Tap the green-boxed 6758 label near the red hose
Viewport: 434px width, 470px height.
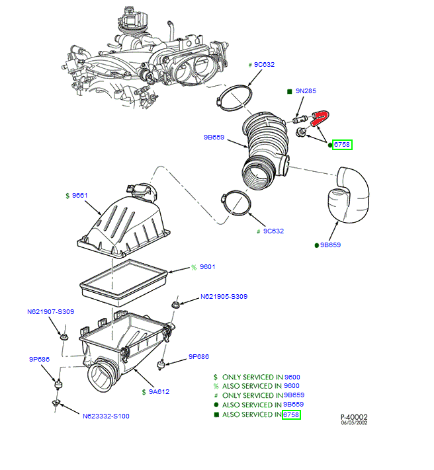pos(342,144)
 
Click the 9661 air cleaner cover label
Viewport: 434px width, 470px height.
pos(80,196)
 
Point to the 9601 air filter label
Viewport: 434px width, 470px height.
pos(208,267)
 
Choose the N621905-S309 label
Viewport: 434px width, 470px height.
pos(224,297)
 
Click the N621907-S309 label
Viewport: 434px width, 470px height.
pos(50,311)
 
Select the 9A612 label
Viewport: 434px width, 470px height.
pos(159,391)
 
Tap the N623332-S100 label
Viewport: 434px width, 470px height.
pos(106,416)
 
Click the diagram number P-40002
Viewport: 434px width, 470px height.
pos(354,417)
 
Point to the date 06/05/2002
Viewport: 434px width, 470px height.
pos(355,424)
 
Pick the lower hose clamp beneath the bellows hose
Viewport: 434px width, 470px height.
pos(236,203)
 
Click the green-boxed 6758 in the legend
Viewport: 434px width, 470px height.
pos(291,414)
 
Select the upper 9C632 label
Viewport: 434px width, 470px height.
pos(264,65)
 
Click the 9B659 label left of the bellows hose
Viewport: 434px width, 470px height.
pos(214,138)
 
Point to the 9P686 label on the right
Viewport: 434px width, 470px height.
pos(198,356)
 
